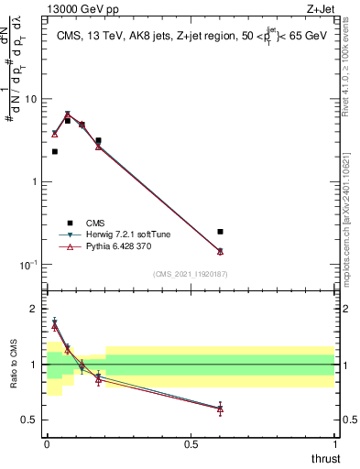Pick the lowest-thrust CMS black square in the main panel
(x=55, y=151)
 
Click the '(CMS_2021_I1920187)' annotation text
(x=190, y=275)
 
